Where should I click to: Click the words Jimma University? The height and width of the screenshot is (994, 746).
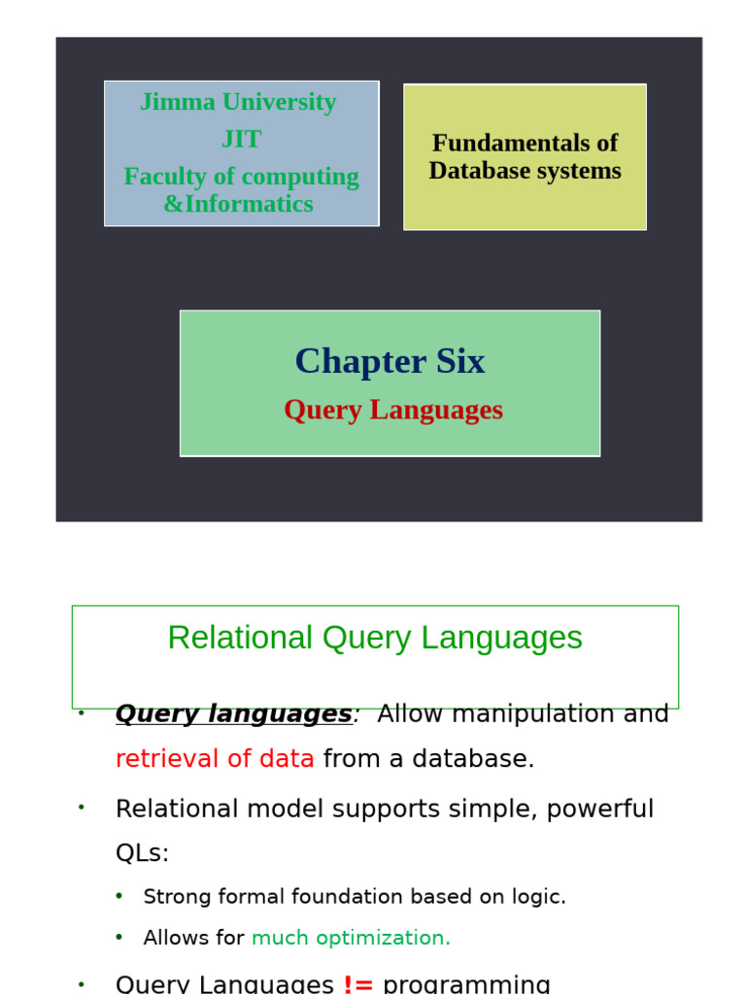click(x=238, y=102)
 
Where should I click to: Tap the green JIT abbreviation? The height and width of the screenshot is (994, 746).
click(x=241, y=139)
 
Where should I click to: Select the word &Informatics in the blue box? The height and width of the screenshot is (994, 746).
click(x=238, y=204)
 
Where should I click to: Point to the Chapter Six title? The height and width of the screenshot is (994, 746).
click(x=390, y=361)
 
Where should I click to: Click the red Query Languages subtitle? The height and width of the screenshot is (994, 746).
click(x=392, y=411)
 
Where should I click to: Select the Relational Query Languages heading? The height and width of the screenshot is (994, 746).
click(x=375, y=638)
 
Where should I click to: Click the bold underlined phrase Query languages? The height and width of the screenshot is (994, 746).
click(x=233, y=714)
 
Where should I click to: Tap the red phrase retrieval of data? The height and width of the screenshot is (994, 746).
click(x=215, y=759)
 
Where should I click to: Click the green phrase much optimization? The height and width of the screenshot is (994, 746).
click(x=351, y=938)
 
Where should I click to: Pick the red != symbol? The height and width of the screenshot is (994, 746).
click(x=357, y=982)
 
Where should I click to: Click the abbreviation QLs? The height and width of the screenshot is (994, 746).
click(x=142, y=853)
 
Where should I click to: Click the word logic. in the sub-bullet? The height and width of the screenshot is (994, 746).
click(x=537, y=897)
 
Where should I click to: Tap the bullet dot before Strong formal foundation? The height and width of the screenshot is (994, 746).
click(x=119, y=897)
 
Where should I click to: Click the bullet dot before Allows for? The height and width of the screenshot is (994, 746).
click(x=119, y=938)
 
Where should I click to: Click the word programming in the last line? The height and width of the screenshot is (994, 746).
click(x=466, y=983)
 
